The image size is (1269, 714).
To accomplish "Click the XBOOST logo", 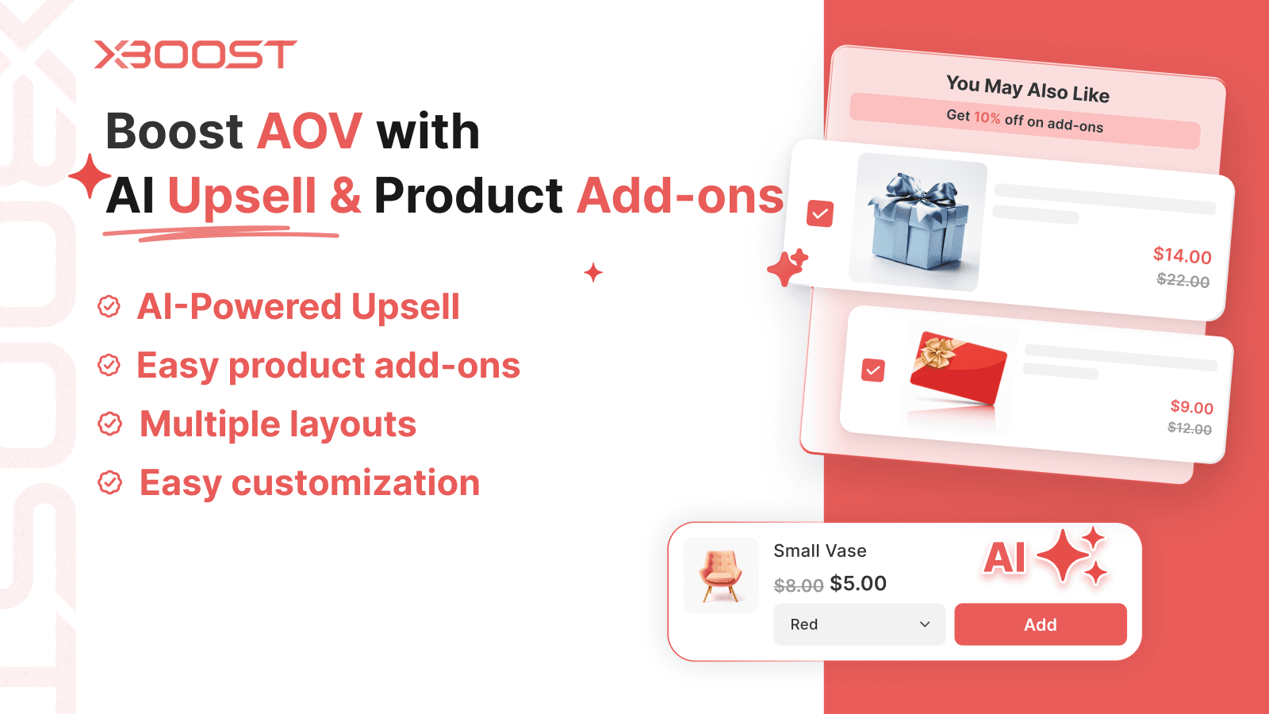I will click(195, 55).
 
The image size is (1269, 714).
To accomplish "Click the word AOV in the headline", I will click(309, 131).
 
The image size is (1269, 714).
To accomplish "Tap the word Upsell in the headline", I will click(242, 196).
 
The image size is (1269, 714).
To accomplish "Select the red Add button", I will click(1040, 624).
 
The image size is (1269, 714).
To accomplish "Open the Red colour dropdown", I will click(859, 624).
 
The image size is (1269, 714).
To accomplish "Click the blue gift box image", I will click(918, 221).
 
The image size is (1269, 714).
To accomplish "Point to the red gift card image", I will click(957, 370).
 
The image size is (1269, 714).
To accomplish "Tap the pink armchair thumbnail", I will click(721, 575).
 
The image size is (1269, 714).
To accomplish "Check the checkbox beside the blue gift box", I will click(820, 213).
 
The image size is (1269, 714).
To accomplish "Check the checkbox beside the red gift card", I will click(873, 370).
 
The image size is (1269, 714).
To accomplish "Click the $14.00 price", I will click(1182, 255).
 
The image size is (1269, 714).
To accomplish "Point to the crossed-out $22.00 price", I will click(1183, 280).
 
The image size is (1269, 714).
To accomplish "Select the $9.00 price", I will click(1191, 407).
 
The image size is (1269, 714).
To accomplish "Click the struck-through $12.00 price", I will click(1189, 428).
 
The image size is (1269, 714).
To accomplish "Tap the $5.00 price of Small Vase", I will click(858, 584).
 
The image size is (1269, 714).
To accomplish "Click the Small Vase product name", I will click(819, 551).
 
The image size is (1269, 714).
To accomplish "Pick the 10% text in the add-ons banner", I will click(987, 117).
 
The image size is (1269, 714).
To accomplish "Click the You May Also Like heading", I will click(1027, 89).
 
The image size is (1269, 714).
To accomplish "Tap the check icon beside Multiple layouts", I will click(109, 424).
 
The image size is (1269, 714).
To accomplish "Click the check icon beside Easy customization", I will click(109, 482).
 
